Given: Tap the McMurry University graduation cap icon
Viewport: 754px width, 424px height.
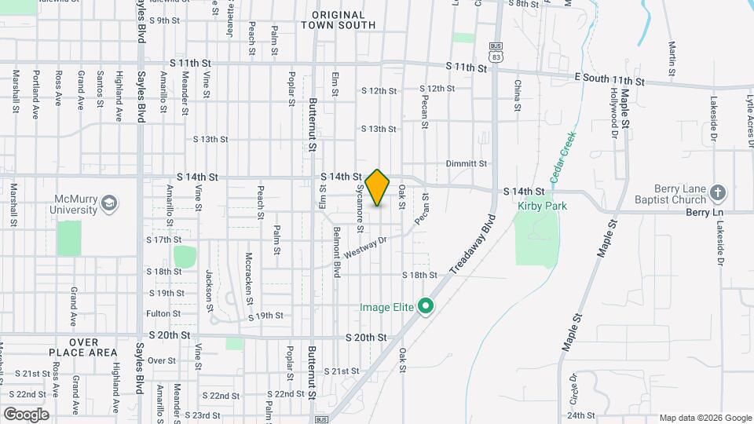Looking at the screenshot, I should [x=108, y=204].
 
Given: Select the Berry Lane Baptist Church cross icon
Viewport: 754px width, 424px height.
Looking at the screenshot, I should [x=717, y=192].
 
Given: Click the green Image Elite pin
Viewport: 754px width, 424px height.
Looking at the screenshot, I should [x=426, y=306].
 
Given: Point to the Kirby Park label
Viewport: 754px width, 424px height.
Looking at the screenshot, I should [x=542, y=206].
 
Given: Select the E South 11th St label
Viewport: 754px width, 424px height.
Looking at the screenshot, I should [x=609, y=80].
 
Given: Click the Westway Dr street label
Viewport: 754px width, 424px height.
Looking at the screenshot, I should [x=366, y=250].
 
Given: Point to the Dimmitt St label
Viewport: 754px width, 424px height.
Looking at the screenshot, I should [x=467, y=163].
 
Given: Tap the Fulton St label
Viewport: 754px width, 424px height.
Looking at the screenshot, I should [x=163, y=313].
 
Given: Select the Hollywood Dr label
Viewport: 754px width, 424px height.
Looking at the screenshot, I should [x=613, y=112].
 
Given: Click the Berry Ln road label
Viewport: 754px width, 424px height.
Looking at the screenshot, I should [x=708, y=212].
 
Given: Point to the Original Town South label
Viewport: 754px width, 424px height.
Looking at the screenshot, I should [x=338, y=20].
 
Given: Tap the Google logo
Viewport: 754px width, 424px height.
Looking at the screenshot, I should [x=26, y=414].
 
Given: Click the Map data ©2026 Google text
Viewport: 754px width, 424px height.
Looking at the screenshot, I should [x=705, y=418].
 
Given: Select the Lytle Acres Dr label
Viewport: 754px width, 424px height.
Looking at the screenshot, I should [x=749, y=117].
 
